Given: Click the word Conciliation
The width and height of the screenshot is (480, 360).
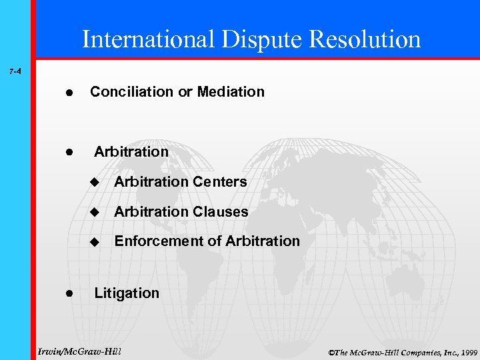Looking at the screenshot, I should (x=131, y=92).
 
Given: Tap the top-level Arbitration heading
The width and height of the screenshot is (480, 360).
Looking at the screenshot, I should (x=131, y=152).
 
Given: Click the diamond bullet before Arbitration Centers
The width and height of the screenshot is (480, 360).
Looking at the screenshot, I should (x=94, y=182).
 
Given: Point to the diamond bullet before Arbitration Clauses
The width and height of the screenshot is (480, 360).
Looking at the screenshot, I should (x=94, y=212).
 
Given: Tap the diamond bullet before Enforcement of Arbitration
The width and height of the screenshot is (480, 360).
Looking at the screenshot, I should (x=94, y=241).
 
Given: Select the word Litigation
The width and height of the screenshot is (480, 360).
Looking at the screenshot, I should (x=127, y=293).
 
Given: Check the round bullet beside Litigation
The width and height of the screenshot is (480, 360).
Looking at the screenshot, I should (x=69, y=293).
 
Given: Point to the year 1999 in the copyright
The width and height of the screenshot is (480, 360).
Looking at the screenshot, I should (x=467, y=351).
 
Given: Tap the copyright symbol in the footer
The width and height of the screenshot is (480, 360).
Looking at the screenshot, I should (x=332, y=351).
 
